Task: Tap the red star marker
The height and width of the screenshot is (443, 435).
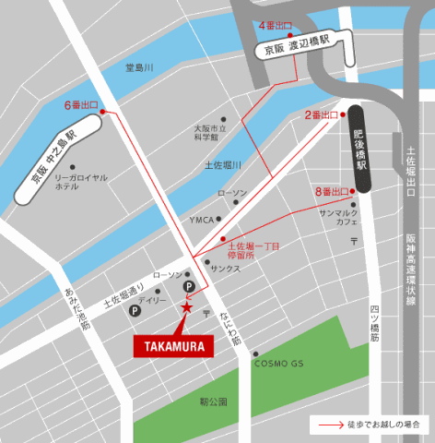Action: (187, 308)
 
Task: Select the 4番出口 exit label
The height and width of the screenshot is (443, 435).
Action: (275, 24)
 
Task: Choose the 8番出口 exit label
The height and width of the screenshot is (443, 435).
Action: (331, 191)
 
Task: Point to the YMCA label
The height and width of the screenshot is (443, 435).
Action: (201, 220)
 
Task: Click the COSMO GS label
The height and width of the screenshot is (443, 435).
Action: (278, 364)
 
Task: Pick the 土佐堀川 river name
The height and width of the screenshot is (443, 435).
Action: (222, 165)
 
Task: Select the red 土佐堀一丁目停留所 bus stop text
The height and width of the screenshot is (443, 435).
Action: (253, 251)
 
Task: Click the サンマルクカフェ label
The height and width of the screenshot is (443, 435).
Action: (339, 218)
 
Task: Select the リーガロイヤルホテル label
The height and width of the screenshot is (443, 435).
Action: (78, 181)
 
